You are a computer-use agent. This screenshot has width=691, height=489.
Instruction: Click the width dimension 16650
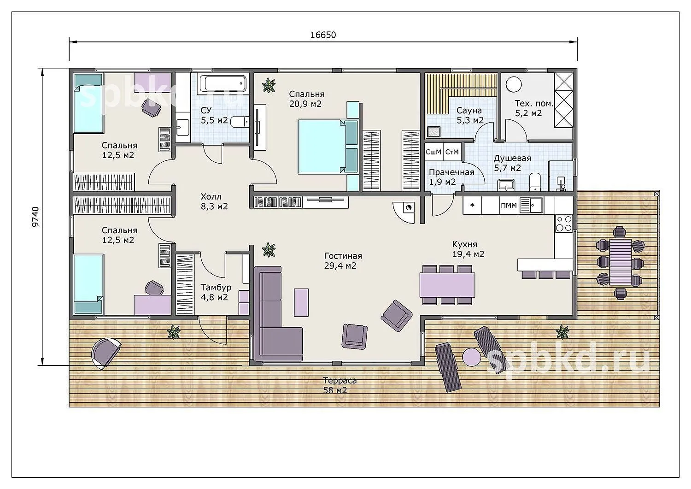(323, 35)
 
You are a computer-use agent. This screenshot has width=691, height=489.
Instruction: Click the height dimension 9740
(36, 217)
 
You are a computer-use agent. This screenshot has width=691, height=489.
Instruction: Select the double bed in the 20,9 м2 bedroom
(328, 146)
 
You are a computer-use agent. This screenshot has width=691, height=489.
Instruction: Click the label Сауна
(469, 110)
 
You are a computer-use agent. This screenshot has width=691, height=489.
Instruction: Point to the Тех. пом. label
(534, 103)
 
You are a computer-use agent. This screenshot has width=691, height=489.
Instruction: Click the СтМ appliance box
(452, 152)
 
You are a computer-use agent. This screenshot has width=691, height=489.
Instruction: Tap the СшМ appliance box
(434, 152)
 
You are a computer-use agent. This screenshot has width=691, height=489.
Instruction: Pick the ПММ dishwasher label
(509, 205)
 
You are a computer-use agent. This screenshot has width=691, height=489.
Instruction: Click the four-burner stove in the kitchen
(563, 224)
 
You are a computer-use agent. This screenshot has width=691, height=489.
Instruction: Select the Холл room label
(211, 196)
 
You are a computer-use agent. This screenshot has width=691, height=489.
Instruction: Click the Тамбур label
(216, 288)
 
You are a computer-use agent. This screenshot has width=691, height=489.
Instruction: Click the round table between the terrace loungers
(471, 357)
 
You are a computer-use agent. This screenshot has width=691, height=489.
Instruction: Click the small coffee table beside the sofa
(301, 302)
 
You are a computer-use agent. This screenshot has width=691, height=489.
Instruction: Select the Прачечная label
(451, 172)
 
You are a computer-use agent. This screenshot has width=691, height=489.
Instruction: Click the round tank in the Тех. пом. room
(514, 84)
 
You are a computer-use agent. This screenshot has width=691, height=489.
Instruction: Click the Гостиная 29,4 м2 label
(343, 260)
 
